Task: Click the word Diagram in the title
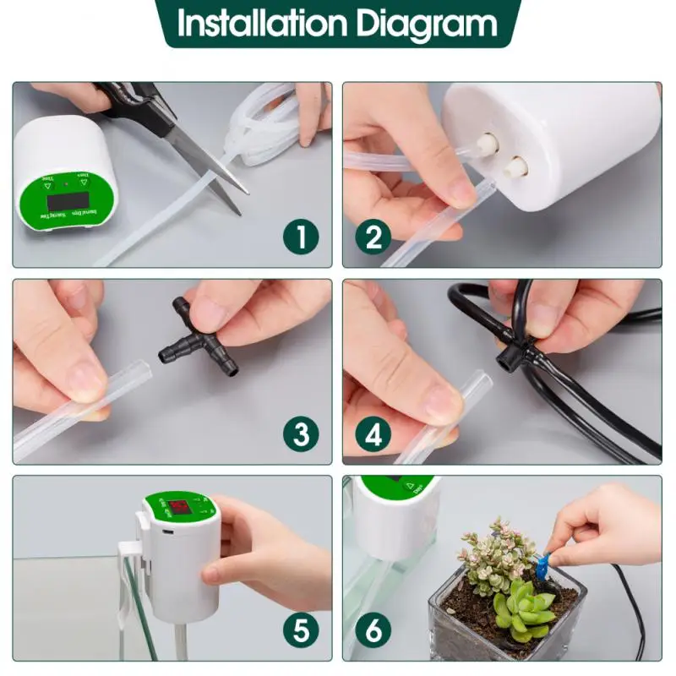428,25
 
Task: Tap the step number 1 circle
302,237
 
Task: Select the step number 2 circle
373,237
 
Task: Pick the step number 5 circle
302,630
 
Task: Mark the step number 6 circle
373,630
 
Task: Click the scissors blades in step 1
211,165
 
